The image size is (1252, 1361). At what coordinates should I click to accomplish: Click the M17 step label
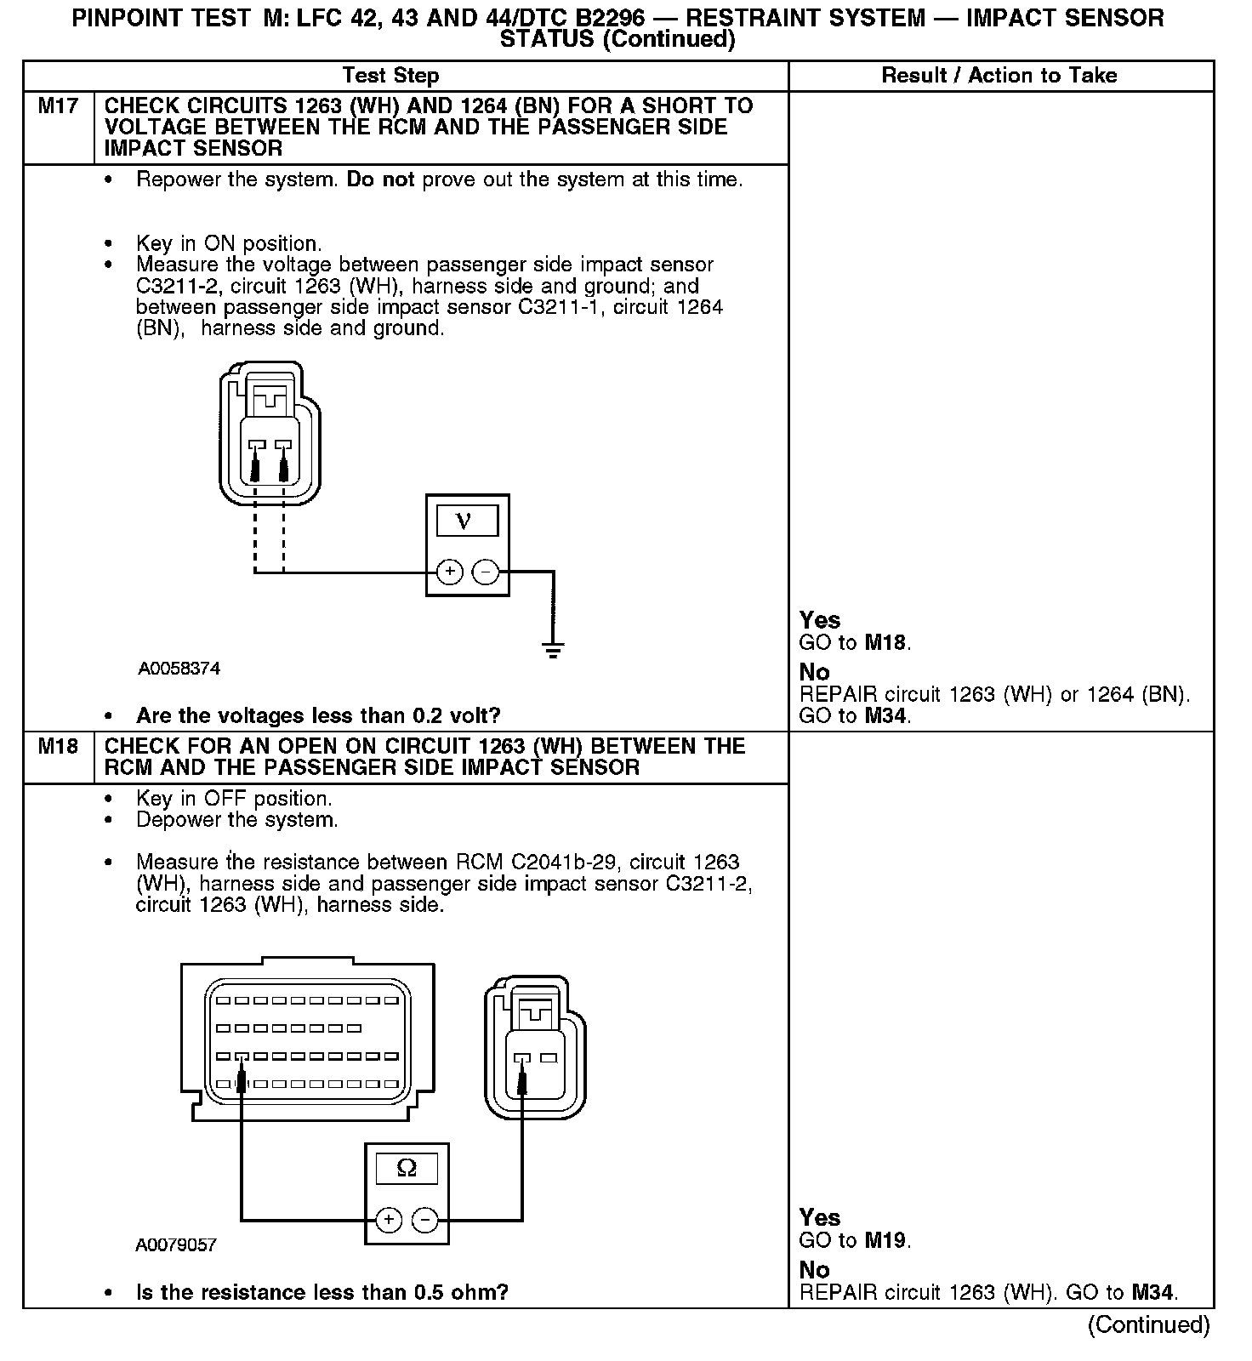(58, 106)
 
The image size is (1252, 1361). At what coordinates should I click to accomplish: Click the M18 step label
(58, 747)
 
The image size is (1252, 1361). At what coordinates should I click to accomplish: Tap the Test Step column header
(390, 76)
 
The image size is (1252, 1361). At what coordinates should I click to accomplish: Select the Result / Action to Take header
(999, 76)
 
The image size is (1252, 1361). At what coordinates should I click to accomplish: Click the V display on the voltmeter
(467, 520)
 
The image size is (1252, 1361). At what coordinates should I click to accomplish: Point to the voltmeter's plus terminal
(450, 572)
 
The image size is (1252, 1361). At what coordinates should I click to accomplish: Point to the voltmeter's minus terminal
(486, 572)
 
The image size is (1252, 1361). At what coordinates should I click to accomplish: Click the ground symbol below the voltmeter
(553, 652)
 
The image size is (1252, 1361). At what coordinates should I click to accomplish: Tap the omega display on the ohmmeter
(407, 1168)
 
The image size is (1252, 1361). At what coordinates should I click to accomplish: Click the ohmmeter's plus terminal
(389, 1220)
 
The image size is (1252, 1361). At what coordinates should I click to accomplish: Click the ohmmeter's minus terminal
(424, 1220)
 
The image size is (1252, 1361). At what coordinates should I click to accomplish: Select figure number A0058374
(179, 669)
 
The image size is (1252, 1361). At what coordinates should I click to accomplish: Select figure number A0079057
(176, 1245)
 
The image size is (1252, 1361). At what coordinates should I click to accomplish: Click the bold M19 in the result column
(885, 1240)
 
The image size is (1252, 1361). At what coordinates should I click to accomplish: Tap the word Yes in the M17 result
(820, 620)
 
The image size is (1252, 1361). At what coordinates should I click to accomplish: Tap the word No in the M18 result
(814, 1270)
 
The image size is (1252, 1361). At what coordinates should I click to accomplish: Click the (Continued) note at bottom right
(1148, 1325)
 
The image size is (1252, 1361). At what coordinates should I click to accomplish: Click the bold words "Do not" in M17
(380, 180)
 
